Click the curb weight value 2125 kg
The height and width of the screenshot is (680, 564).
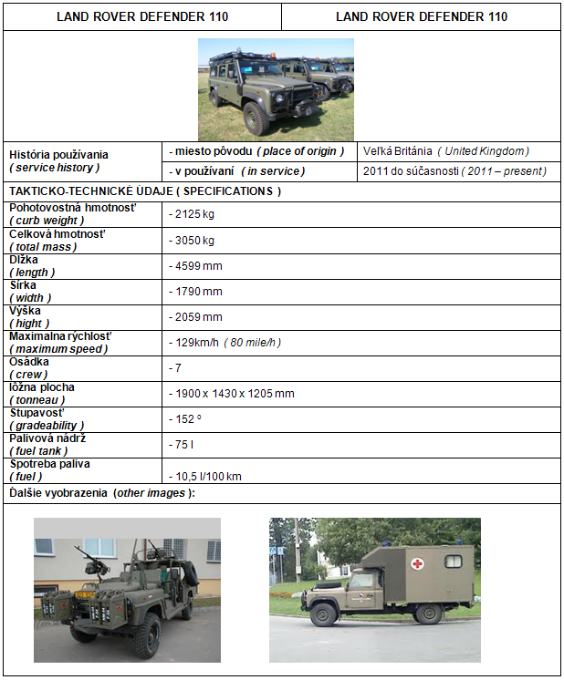coord(193,214)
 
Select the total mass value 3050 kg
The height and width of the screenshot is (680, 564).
coord(193,240)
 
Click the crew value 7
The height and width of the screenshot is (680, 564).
coord(174,367)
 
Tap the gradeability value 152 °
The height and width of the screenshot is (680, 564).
coord(187,418)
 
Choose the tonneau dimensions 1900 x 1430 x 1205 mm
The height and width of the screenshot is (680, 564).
coord(233,393)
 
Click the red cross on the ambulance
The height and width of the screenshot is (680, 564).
coord(416,564)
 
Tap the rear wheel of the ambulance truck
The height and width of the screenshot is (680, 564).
coord(425,613)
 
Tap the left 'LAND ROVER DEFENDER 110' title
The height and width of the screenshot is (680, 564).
coord(142,16)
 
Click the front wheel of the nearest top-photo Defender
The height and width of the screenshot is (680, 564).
coord(256,118)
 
